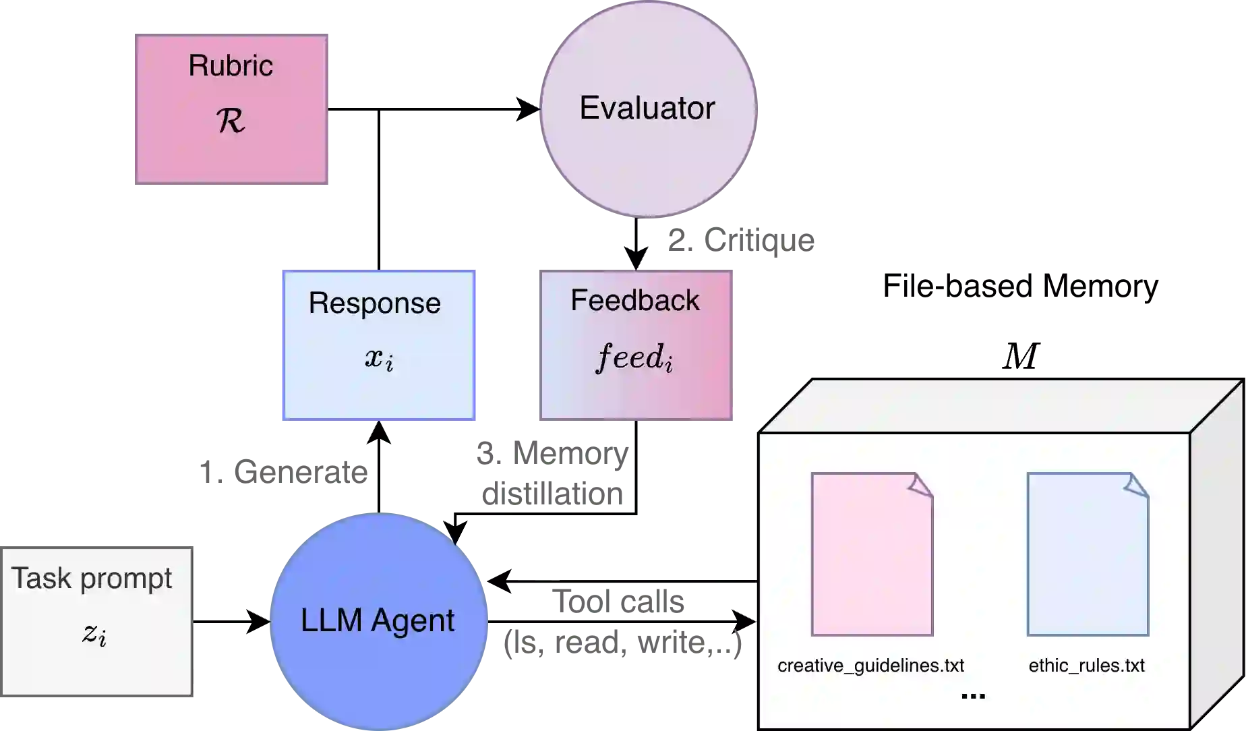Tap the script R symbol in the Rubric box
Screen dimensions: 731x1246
pos(231,121)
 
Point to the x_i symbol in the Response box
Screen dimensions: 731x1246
pos(379,358)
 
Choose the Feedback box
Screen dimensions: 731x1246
pos(636,398)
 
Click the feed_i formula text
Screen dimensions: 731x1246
pos(634,357)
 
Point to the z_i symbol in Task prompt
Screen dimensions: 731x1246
pos(94,633)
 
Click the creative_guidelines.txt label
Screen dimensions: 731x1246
pos(870,666)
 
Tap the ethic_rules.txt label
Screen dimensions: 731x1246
pos(1086,666)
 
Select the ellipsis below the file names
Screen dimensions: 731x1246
pos(973,696)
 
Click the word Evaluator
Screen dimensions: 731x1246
pos(647,108)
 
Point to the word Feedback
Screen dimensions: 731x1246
pos(634,300)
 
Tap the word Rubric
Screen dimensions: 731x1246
pos(231,65)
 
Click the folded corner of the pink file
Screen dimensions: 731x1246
pos(921,485)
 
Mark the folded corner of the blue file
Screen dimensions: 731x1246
pos(1137,485)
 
